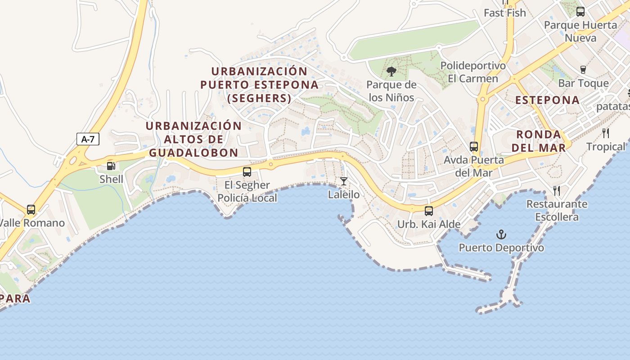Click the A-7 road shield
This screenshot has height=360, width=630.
click(87, 139)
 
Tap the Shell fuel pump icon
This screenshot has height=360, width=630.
click(111, 166)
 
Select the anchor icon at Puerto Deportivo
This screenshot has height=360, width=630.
click(501, 234)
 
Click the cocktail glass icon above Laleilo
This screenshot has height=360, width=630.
click(344, 181)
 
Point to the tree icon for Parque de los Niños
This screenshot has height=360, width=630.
click(391, 71)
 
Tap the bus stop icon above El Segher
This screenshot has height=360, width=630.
click(247, 171)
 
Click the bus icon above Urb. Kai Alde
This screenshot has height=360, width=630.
click(429, 211)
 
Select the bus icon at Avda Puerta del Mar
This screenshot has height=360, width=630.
click(473, 146)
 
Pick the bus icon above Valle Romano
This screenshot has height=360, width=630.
click(31, 210)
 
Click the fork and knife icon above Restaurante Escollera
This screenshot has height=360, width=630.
click(557, 191)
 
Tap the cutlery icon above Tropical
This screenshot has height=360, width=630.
click(606, 133)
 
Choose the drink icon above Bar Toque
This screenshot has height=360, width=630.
click(583, 70)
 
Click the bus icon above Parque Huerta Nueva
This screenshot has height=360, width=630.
click(580, 12)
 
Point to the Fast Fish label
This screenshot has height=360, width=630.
click(504, 13)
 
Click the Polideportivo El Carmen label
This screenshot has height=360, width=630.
click(473, 72)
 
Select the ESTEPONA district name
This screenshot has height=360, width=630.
click(547, 100)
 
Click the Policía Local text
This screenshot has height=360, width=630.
click(247, 198)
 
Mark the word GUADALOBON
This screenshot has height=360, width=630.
click(193, 153)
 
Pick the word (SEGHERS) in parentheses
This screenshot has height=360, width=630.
click(259, 98)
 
